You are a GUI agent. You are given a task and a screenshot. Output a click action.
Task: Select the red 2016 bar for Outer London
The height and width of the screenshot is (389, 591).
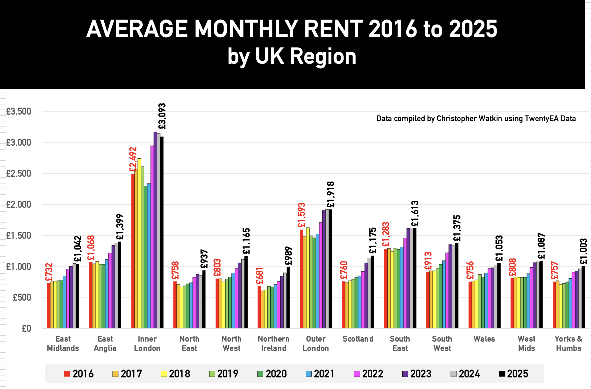coord(301,279)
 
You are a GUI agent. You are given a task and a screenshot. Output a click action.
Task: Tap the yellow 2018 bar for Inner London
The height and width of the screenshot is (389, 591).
coord(139,243)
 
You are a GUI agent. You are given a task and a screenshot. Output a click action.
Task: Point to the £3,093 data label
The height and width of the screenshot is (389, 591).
coord(162,116)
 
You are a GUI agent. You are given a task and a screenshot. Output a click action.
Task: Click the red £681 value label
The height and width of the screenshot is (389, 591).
coord(259,276)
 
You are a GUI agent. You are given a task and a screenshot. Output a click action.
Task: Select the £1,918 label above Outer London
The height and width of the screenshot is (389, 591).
coord(330,194)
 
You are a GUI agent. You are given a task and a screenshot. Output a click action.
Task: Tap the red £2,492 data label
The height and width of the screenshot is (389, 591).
coord(133,159)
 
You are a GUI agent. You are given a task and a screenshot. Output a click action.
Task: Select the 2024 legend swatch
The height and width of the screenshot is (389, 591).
coord(453,374)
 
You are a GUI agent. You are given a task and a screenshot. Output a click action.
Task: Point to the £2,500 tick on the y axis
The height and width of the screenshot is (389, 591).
coord(19,173)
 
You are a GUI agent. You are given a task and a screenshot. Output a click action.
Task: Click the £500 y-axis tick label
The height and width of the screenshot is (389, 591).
coord(22,297)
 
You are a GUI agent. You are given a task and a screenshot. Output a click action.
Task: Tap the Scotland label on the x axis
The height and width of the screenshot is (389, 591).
coord(358,339)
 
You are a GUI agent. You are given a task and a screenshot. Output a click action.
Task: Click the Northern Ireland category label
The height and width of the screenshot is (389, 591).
coord(274,343)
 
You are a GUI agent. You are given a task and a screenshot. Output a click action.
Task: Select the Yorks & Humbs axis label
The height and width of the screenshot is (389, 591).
coord(568,343)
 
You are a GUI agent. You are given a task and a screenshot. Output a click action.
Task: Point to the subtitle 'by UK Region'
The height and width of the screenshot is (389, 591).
coord(292,56)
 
